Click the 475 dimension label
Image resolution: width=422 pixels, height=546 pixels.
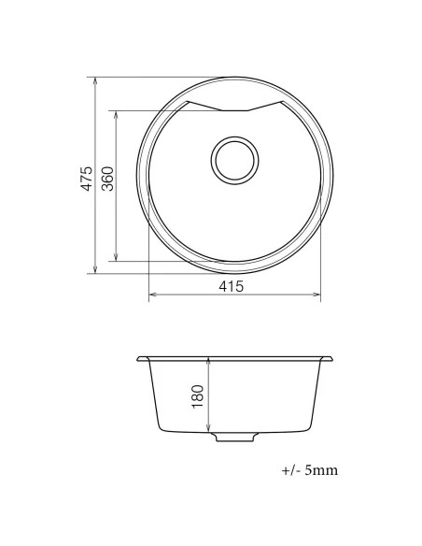tap(86, 178)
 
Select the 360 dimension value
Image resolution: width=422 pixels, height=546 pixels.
tap(106, 179)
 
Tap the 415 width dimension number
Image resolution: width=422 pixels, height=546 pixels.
tap(232, 286)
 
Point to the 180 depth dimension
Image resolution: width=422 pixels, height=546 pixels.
tap(197, 395)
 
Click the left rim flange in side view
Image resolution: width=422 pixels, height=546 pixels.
tap(142, 360)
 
